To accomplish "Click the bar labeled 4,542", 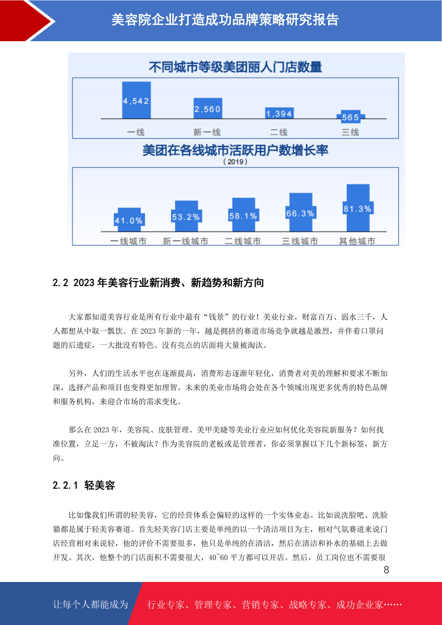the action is (x=137, y=100).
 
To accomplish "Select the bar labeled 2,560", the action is (x=208, y=108).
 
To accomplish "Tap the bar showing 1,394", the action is (x=279, y=113).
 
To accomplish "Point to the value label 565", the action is (x=350, y=117).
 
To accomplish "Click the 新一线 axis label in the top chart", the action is (x=207, y=132).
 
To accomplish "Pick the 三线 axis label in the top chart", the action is (x=350, y=132).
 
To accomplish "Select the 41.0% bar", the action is (x=129, y=220).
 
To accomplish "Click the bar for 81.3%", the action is (x=358, y=207).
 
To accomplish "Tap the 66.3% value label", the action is (x=300, y=213).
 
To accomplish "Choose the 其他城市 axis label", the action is (x=357, y=241).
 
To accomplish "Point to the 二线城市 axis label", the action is (x=243, y=241).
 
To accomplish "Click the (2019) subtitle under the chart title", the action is (x=235, y=161).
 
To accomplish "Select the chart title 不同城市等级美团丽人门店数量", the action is (x=235, y=67).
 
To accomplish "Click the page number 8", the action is (x=386, y=570).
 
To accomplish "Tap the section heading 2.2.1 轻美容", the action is (x=84, y=485).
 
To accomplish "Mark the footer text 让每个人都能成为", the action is (x=91, y=604).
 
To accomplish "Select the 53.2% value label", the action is (x=186, y=217).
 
